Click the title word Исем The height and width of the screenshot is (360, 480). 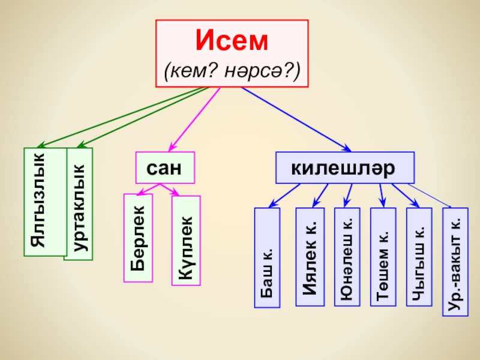tap(232, 41)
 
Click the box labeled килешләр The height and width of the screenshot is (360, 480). tap(344, 167)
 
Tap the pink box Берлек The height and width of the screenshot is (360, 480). tap(139, 238)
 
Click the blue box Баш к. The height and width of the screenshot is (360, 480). tap(267, 257)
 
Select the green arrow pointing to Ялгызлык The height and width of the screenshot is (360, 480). tap(120, 118)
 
